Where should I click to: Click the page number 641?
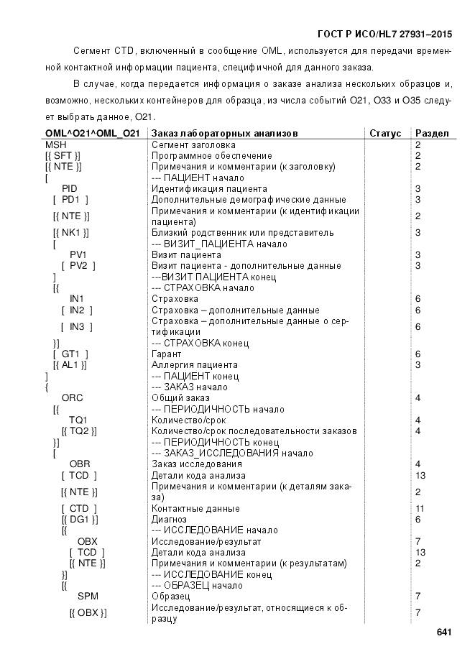pos(443,632)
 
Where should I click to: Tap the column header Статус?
pos(385,133)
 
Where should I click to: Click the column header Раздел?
pos(432,133)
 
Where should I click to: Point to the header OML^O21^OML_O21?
pos(92,133)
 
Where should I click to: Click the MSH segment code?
pos(56,144)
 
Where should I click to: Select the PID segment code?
pos(70,188)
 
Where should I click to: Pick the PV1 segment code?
pos(78,254)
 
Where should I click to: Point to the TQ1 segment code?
pos(78,420)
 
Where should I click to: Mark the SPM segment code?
pos(88,596)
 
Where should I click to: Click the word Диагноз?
pos(169,519)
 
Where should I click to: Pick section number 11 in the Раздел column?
pos(420,508)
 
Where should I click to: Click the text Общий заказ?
pos(180,397)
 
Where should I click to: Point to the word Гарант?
pos(166,354)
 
